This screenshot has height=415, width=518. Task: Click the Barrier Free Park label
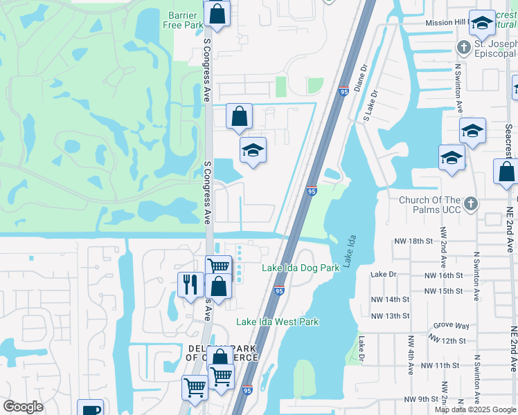pyautogui.click(x=185, y=20)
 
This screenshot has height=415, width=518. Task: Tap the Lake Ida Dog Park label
pyautogui.click(x=301, y=268)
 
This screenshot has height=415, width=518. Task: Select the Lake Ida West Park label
pyautogui.click(x=277, y=322)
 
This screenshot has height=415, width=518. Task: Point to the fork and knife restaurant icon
pyautogui.click(x=189, y=284)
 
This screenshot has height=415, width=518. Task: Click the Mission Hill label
pyautogui.click(x=445, y=23)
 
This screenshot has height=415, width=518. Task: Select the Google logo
pyautogui.click(x=23, y=407)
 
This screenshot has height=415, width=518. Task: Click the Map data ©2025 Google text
pyautogui.click(x=475, y=409)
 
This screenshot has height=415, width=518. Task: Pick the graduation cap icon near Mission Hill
pyautogui.click(x=482, y=25)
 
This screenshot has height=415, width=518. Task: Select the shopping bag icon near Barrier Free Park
pyautogui.click(x=217, y=13)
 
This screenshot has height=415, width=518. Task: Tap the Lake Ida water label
pyautogui.click(x=352, y=253)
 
